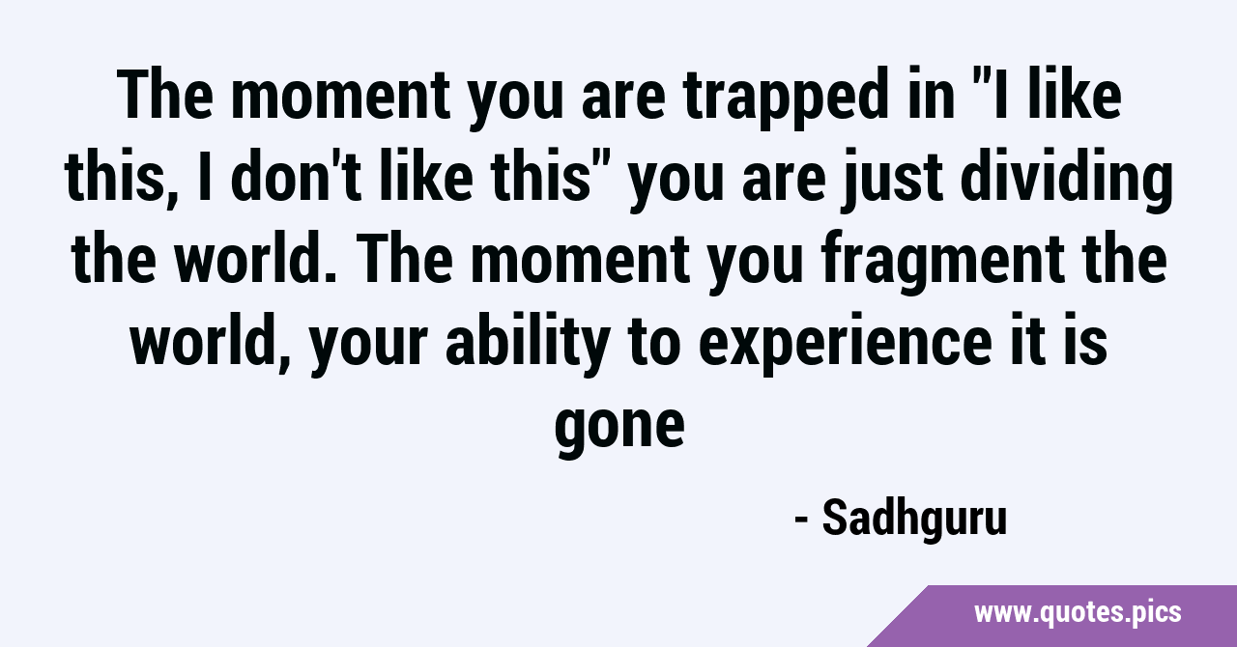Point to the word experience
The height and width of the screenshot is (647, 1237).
coord(846,345)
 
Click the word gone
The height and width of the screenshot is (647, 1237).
coord(619,427)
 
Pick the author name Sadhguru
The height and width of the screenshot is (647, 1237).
coord(914,518)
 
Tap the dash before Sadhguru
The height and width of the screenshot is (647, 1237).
coord(802,520)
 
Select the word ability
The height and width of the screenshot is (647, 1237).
coord(528,345)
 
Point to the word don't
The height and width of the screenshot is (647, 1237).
coord(296,175)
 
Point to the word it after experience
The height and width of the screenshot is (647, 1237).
coord(1024,341)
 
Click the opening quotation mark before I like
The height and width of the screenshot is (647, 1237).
coord(978,77)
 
